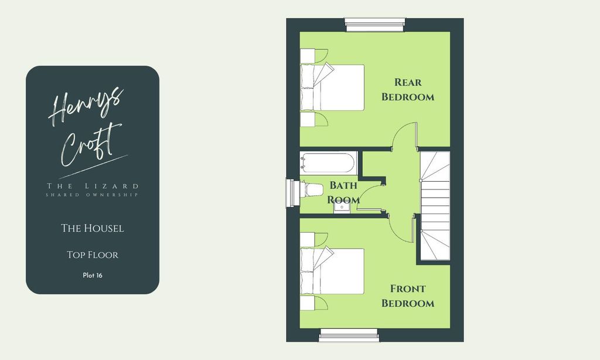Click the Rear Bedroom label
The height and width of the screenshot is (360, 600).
tap(408, 90)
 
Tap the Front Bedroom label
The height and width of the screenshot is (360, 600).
tap(408, 296)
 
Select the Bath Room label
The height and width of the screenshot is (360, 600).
tap(343, 193)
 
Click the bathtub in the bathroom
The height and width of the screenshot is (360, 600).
tap(328, 163)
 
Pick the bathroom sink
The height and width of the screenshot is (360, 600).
tap(342, 207)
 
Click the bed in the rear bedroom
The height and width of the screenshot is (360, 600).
tap(332, 87)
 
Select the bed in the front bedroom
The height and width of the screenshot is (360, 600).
tap(332, 271)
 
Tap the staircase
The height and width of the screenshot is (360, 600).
tap(435, 206)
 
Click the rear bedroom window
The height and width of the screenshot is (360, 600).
tap(375, 24)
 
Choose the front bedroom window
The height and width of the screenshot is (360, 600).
tap(349, 335)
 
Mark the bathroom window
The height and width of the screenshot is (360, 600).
tap(293, 193)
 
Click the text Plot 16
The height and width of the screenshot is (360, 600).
tap(93, 276)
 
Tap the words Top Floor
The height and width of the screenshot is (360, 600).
tap(93, 254)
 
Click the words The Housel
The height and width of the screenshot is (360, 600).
tap(93, 228)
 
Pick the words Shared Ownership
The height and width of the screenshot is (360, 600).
tap(92, 195)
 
